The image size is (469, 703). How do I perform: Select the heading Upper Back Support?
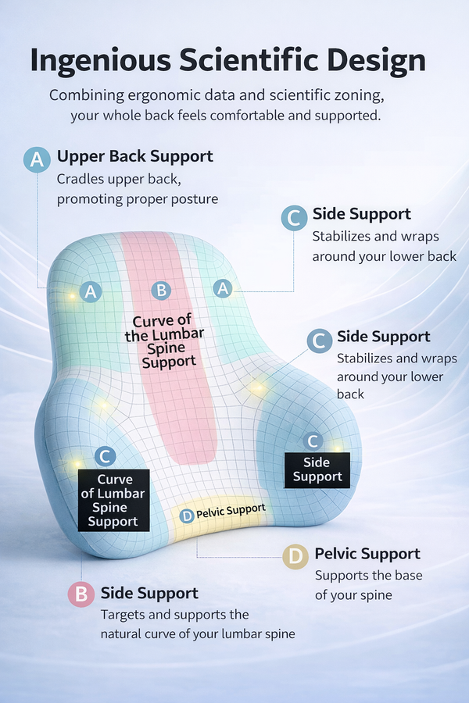(134, 156)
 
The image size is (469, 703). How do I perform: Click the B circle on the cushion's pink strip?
(161, 291)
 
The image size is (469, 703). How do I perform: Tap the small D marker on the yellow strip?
(186, 516)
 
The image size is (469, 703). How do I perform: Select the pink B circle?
(81, 594)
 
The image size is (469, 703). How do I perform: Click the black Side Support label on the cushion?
(317, 469)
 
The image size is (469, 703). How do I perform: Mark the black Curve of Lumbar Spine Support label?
(114, 500)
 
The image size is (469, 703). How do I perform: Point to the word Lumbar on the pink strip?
(178, 335)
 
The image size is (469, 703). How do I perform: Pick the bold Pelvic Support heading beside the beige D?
(367, 554)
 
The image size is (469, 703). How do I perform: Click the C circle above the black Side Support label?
(313, 441)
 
